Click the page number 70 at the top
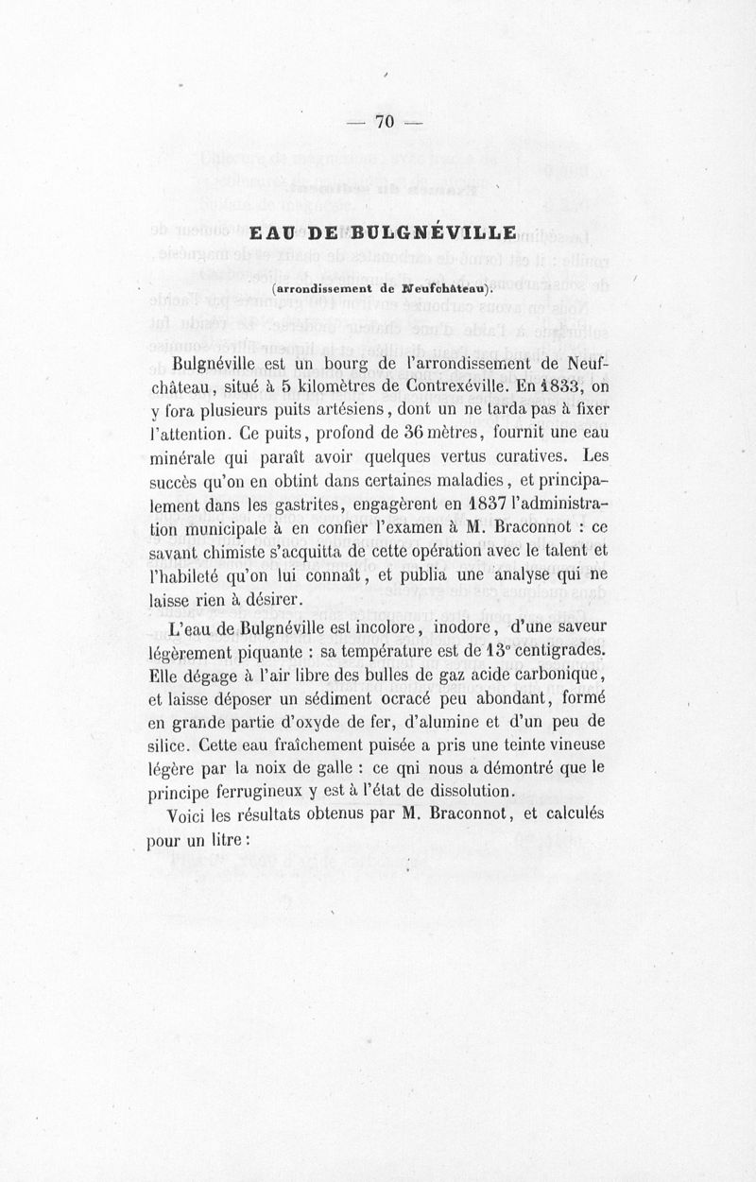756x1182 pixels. pos(384,121)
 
